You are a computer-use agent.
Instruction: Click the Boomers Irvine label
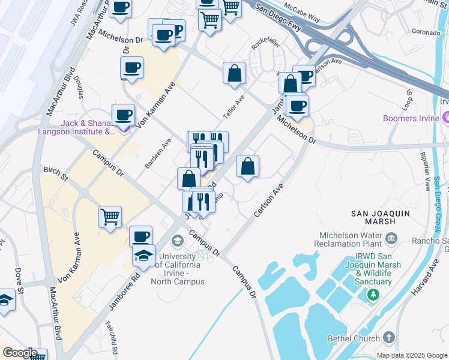[x=411, y=118]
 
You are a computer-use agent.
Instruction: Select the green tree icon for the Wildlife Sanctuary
[x=373, y=294]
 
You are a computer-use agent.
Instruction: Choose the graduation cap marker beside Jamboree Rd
[x=143, y=256]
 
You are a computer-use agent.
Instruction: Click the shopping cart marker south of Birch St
[x=110, y=218]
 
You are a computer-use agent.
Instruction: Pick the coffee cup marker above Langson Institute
[x=124, y=114]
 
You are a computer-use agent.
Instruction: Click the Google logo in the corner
[x=19, y=352]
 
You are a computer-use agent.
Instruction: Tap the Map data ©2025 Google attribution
[x=412, y=355]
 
